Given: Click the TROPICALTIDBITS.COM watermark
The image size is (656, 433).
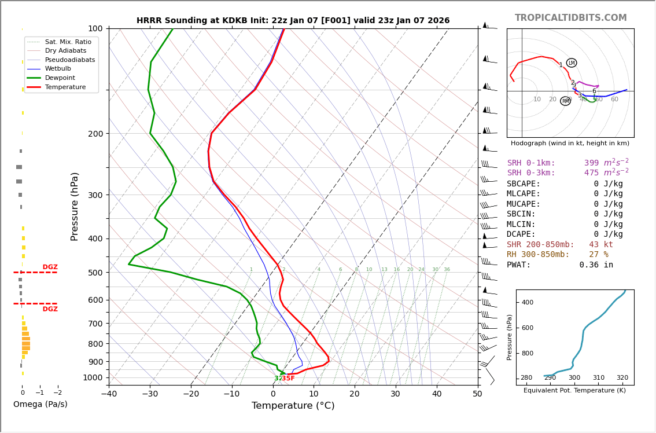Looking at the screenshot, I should point(570,18).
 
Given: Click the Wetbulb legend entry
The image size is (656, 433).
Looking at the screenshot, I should point(58,68).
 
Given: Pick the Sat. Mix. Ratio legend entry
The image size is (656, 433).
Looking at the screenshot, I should point(68,42).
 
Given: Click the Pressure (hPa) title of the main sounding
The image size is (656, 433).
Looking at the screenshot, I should point(75,206).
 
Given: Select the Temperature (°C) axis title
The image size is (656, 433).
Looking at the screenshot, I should point(293,406).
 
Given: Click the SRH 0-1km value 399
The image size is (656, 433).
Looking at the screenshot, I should point(591,163).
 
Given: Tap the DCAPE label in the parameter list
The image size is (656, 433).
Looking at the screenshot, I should point(524,234).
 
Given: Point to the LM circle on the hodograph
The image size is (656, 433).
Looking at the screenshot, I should point(572,63).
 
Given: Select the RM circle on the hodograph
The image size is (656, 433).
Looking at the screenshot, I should point(565,101).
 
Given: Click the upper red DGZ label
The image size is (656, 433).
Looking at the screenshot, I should point(50,267).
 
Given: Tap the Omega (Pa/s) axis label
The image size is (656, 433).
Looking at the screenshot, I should point(40,404).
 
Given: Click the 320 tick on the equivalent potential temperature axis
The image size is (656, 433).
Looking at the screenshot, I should point(622,378).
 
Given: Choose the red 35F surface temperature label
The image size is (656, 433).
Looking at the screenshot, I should point(288,379).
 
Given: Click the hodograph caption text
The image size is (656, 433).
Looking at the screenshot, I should point(570,143).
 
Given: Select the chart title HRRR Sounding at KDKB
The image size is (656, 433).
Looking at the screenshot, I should point(293,21).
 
